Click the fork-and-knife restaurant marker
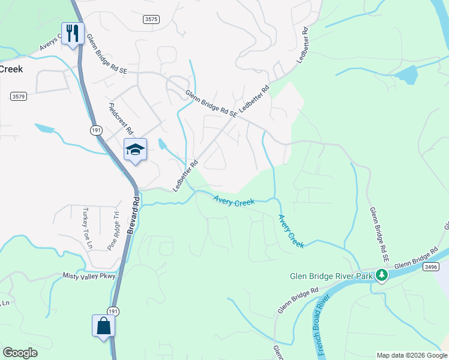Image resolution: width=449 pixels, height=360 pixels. pos(73,32)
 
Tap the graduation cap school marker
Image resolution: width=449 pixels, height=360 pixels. pos(135,149)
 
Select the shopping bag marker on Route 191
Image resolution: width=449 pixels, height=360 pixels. pos(103,326)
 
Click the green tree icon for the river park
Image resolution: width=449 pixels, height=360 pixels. pos(381,276)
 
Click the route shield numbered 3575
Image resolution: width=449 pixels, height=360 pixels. pos(151,20)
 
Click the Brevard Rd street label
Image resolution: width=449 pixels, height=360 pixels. pos(133,215)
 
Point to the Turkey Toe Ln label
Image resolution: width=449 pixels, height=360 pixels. pos(88,229)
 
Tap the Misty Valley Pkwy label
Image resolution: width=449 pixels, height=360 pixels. pos(88,275)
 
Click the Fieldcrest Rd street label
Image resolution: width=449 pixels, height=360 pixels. pos(121,118)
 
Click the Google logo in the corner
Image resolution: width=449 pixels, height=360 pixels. pos(20,353)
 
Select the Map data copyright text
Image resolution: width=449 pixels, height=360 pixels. pos(412,355)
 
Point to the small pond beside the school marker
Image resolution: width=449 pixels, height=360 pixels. pos(162,145)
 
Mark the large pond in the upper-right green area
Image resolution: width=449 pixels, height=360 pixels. pos(406,76)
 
